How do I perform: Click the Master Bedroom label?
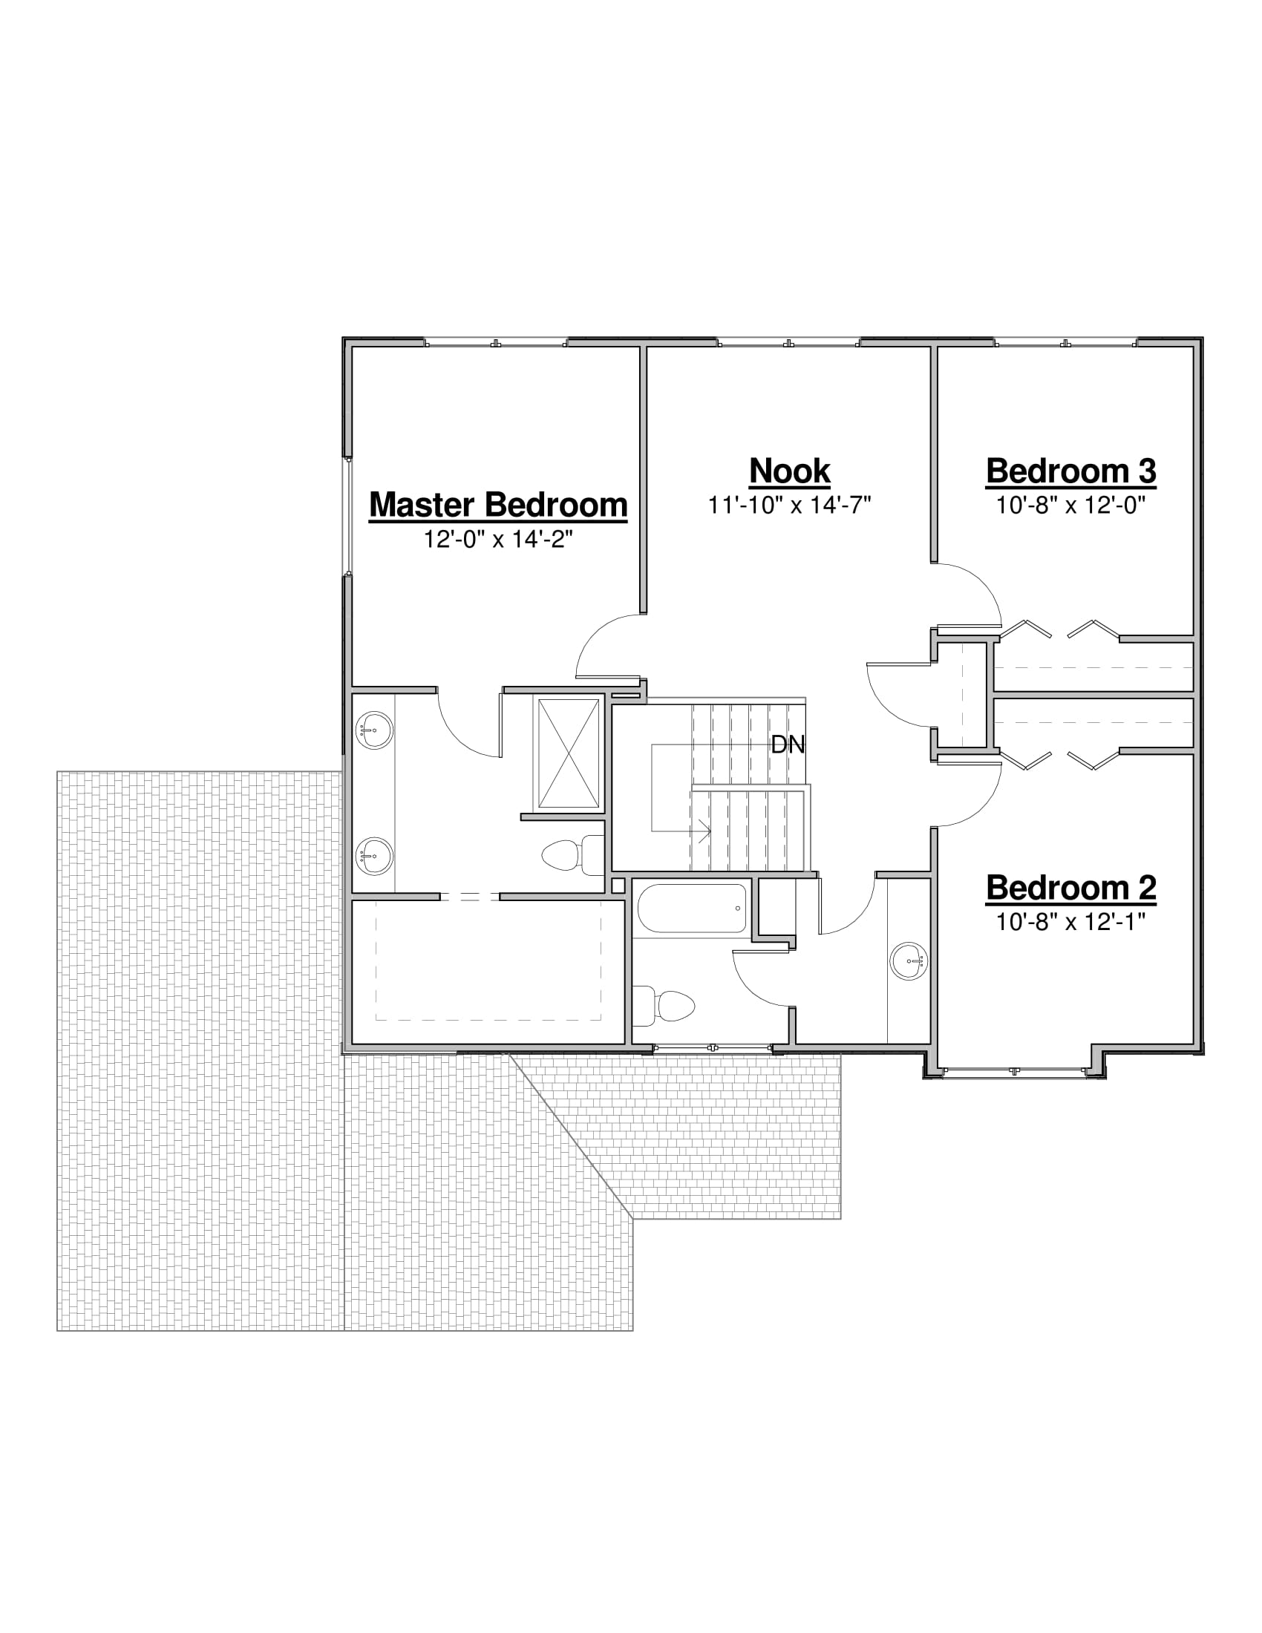[x=498, y=505]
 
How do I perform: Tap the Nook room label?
[x=790, y=471]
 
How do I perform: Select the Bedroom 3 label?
[x=1070, y=471]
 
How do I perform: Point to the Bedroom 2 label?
[x=1070, y=888]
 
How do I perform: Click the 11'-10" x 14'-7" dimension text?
[x=790, y=505]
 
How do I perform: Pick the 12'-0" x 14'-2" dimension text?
[x=498, y=539]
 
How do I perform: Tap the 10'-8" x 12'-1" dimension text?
[x=1070, y=922]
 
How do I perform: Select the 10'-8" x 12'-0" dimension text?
[x=1070, y=505]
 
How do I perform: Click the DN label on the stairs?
[x=788, y=744]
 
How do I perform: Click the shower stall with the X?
[x=569, y=753]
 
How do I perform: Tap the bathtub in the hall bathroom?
[x=692, y=908]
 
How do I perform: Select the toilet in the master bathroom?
[x=572, y=855]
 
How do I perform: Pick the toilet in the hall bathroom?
[x=663, y=1005]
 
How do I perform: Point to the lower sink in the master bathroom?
[x=375, y=856]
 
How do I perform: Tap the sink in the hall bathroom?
[x=909, y=959]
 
